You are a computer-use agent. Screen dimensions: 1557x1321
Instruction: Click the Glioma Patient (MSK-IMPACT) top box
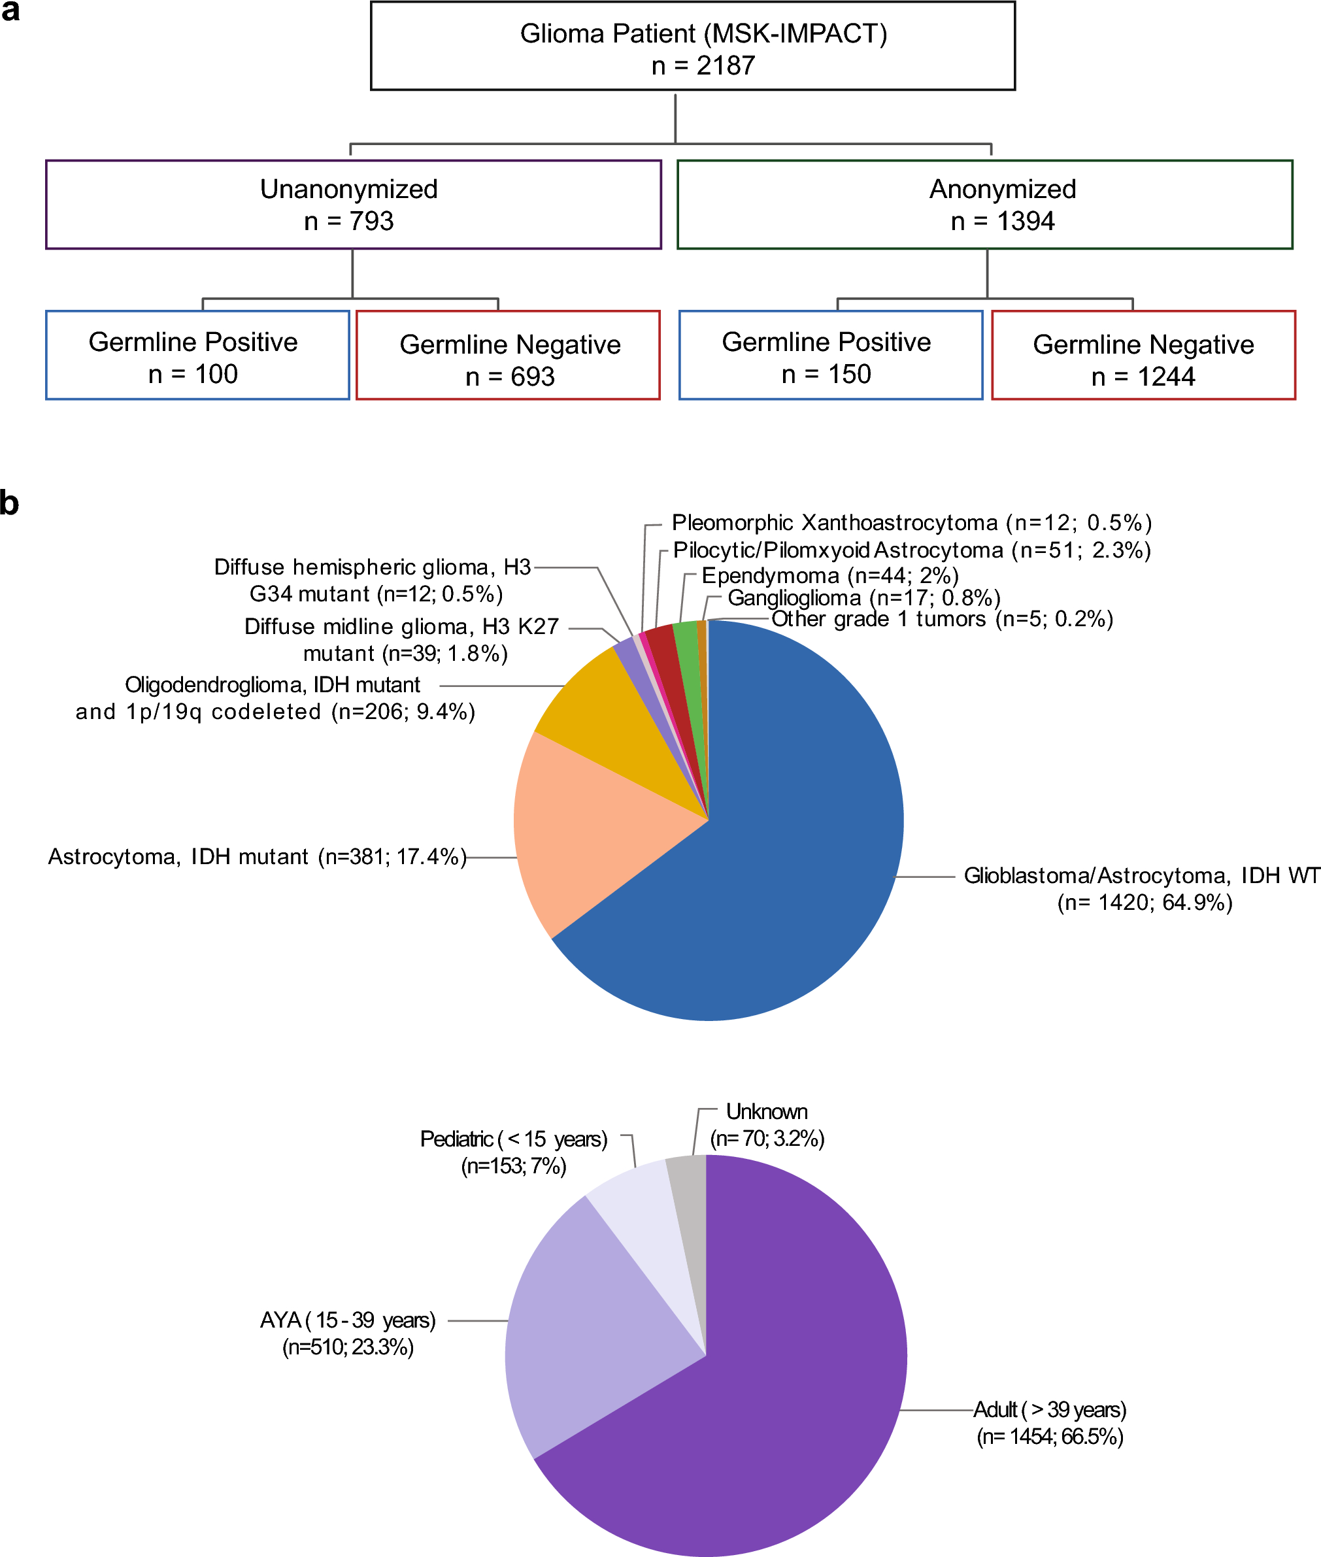click(693, 46)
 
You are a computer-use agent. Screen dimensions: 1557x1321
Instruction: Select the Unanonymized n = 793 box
click(353, 205)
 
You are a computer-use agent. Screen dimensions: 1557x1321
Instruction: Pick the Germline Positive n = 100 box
click(197, 356)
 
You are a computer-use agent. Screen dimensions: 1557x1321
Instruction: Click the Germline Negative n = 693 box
click(508, 356)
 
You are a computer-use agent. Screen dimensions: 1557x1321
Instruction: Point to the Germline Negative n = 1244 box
click(1143, 356)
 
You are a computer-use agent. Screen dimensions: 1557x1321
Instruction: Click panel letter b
click(9, 503)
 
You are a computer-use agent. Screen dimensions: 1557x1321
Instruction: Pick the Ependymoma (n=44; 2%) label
click(829, 575)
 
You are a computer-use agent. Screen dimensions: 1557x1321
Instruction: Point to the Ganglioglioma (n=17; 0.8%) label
click(863, 597)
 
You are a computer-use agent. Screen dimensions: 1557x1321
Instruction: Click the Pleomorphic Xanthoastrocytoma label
click(911, 522)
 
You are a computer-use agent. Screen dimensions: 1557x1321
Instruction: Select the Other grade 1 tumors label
click(941, 618)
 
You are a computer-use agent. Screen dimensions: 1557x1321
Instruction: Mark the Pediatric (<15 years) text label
click(514, 1152)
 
